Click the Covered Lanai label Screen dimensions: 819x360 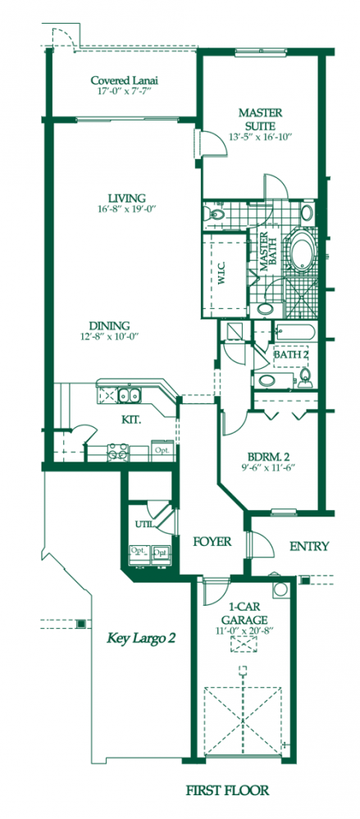tap(124, 80)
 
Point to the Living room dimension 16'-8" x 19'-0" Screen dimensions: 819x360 tap(125, 209)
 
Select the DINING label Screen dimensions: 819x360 tap(110, 325)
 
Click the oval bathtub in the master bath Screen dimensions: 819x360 tap(301, 251)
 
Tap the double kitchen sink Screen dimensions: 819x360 tap(125, 396)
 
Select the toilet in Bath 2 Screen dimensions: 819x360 tap(306, 375)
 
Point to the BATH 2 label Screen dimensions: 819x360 tap(291, 354)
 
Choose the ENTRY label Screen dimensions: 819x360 tap(309, 547)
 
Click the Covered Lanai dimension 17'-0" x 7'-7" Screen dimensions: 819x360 tap(124, 93)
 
